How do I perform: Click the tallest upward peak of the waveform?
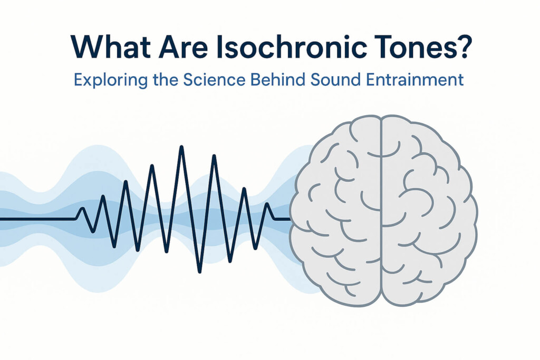182,148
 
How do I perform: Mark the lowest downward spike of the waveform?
199,271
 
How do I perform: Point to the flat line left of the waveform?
37,218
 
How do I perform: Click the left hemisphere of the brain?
337,211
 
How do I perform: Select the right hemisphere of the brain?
427,211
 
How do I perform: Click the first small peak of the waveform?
82,209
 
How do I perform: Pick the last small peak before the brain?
267,205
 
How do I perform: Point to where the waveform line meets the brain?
291,218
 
